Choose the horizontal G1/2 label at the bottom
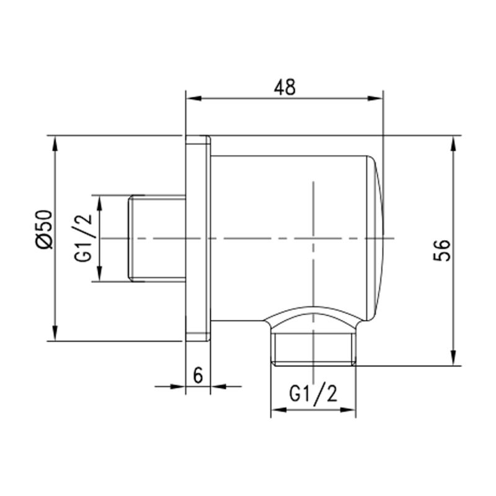(x=313, y=394)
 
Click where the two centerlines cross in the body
(x=314, y=239)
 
